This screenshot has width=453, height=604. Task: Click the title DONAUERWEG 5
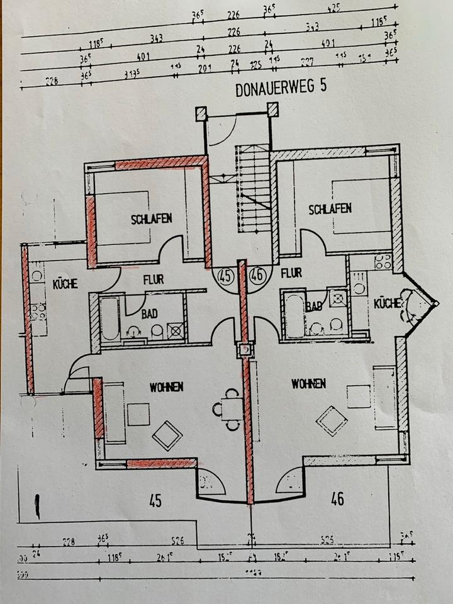[281, 88]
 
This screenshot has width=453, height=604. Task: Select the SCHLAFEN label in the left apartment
[151, 219]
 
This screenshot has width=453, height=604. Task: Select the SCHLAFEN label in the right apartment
[330, 209]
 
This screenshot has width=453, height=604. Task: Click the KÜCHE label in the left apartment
[65, 284]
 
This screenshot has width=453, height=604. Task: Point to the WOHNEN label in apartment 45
[166, 387]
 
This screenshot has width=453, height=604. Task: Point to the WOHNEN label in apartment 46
[308, 383]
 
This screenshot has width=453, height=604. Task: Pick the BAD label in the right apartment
[313, 306]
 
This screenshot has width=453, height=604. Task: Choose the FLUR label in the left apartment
[153, 279]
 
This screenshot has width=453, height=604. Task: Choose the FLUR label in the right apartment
[291, 274]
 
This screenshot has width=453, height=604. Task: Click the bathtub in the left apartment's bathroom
[110, 319]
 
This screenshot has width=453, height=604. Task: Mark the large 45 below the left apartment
[155, 501]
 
